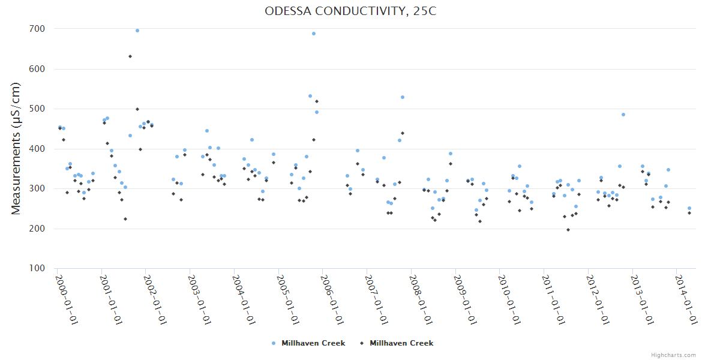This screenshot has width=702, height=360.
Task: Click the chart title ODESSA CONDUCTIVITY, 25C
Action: coord(350,11)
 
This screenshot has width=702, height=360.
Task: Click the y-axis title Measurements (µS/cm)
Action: coord(16,148)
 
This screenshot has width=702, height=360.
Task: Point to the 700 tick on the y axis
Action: coord(37,29)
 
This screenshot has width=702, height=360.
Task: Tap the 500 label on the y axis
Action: coord(37,109)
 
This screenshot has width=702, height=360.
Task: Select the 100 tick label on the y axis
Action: coord(37,268)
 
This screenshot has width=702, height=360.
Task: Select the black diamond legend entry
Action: coord(397,343)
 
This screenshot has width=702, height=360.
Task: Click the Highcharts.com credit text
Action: coord(673,355)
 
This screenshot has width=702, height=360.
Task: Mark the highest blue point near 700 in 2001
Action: coord(137,31)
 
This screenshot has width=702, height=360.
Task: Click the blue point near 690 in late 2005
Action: coord(314,34)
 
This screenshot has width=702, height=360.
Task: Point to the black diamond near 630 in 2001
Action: coord(130,56)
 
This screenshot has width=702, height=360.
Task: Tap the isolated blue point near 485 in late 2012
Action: coord(623,115)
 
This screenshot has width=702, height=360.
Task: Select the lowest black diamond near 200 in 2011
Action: coord(568,230)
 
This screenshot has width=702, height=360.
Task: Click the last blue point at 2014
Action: coord(689,208)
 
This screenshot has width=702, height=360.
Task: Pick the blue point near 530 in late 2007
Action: coord(403,97)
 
